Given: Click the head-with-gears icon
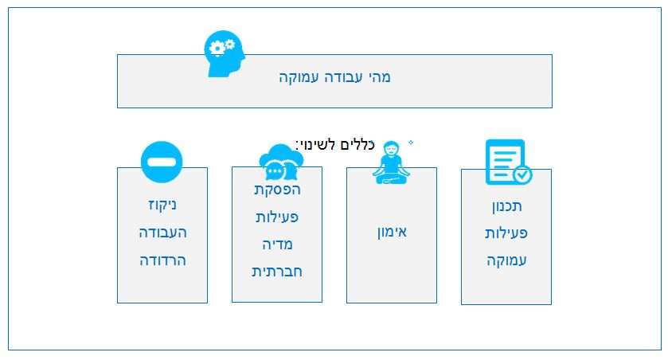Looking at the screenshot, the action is pos(225,53).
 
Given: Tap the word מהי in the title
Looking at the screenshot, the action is pos(380,77).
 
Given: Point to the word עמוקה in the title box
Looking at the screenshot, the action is pos(299,77).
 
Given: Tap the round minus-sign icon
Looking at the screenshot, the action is pos(162,162).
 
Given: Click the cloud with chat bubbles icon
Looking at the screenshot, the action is pos(281,162).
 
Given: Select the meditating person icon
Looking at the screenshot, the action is pos(391,162).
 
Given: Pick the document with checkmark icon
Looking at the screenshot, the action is pos(509,162).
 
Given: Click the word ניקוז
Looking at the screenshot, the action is pos(162,205).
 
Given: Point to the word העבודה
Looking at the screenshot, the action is pos(162,233).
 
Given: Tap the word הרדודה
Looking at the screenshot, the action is pos(162,260).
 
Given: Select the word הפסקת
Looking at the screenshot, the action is pos(277,190).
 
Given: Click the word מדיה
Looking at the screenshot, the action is pos(277,245).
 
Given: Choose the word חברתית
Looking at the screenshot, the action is pos(277,272).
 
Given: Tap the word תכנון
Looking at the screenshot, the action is pos(507,206).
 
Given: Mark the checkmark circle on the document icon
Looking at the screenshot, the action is pos(523,174).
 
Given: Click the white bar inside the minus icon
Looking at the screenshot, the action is pos(162,162).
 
